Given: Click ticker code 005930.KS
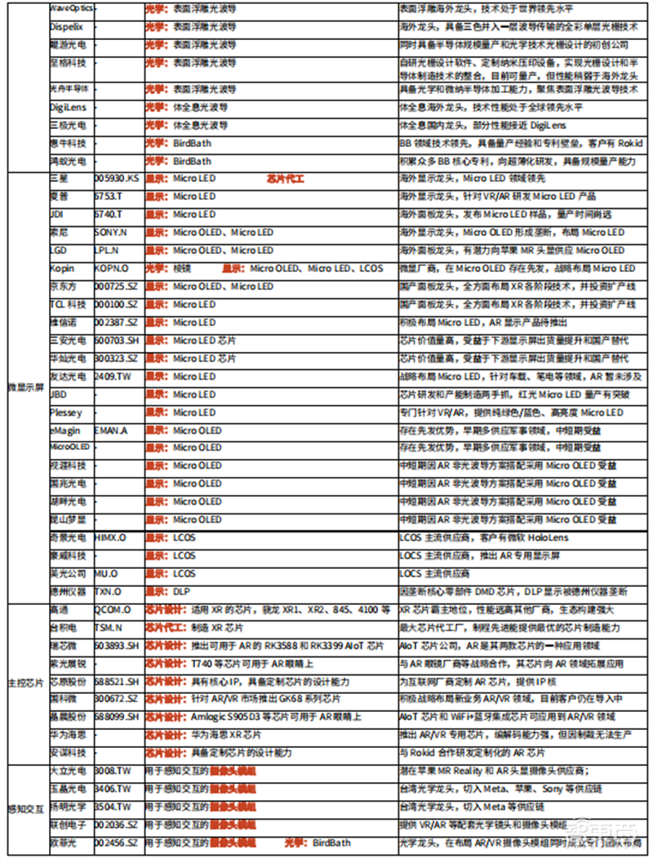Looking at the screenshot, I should pyautogui.click(x=117, y=178).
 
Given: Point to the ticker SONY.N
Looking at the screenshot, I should pyautogui.click(x=112, y=232).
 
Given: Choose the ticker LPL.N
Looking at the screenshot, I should pyautogui.click(x=109, y=250).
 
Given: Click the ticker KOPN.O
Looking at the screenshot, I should pyautogui.click(x=113, y=268).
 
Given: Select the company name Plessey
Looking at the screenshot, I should pyautogui.click(x=65, y=412).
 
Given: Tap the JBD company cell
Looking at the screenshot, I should pyautogui.click(x=59, y=394).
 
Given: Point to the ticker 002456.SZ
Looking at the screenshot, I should pyautogui.click(x=117, y=842).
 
